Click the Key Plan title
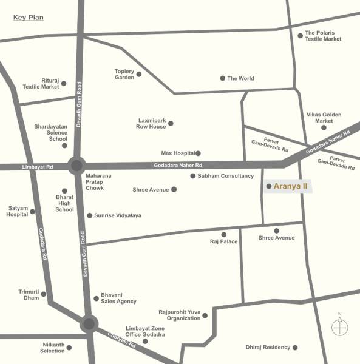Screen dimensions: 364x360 29,17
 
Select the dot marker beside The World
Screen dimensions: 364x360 223,78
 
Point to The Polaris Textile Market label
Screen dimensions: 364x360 323,36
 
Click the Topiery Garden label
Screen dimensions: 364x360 124,74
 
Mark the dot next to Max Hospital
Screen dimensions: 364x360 198,153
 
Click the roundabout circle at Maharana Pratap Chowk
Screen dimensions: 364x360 76,166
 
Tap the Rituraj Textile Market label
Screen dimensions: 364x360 41,84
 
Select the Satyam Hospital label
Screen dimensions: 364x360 18,212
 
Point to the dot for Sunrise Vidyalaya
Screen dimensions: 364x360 90,215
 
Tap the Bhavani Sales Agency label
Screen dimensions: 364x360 118,298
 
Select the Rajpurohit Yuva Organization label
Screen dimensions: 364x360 179,315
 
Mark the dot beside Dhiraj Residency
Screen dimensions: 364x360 296,348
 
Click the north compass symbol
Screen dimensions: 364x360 340,326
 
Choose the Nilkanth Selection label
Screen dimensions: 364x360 52,348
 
